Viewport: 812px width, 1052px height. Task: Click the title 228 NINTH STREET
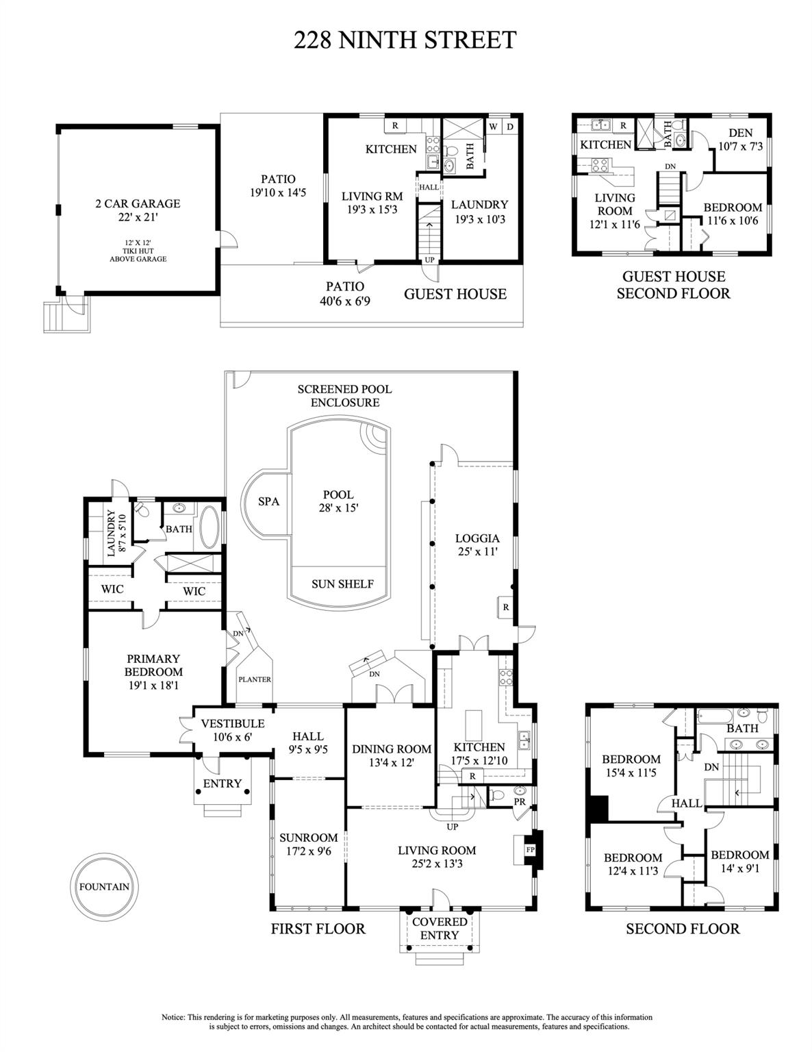coord(405,40)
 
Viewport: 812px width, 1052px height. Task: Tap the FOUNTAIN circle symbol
coord(103,886)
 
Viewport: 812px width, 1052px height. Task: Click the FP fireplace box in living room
coord(530,849)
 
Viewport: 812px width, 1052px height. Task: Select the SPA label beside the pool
coord(268,501)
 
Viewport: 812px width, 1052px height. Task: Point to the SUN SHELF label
coord(342,584)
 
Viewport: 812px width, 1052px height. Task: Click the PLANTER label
coord(254,679)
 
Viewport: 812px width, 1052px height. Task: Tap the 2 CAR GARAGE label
coord(137,203)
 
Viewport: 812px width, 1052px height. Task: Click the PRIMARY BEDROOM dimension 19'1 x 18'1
coord(153,684)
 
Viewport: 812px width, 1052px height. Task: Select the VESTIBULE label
coord(232,723)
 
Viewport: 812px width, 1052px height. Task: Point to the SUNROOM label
coord(308,837)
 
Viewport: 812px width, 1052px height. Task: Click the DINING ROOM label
coord(392,749)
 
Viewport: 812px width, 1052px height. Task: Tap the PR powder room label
coord(520,801)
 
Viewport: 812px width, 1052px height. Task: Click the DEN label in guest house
coord(740,133)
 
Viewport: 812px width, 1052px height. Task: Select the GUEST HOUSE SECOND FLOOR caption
coord(673,285)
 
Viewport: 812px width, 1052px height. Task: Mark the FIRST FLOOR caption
coord(318,929)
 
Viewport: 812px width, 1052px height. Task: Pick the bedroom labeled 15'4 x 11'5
coord(631,766)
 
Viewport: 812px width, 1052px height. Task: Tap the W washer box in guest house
coord(493,127)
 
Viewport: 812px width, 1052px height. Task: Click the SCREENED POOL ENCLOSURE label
coord(344,395)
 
